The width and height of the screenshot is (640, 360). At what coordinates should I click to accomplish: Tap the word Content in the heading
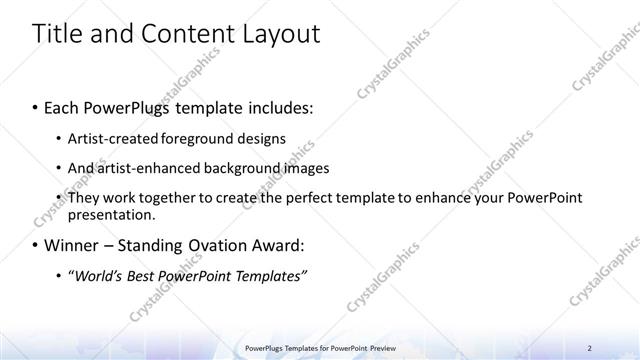[x=179, y=34]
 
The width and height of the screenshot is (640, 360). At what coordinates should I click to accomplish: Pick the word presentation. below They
[x=111, y=214]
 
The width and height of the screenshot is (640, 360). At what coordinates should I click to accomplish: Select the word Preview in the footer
[x=380, y=348]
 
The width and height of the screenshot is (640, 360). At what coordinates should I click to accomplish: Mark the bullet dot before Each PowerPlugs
[x=36, y=106]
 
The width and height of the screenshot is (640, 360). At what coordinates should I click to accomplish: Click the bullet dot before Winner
[x=36, y=244]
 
